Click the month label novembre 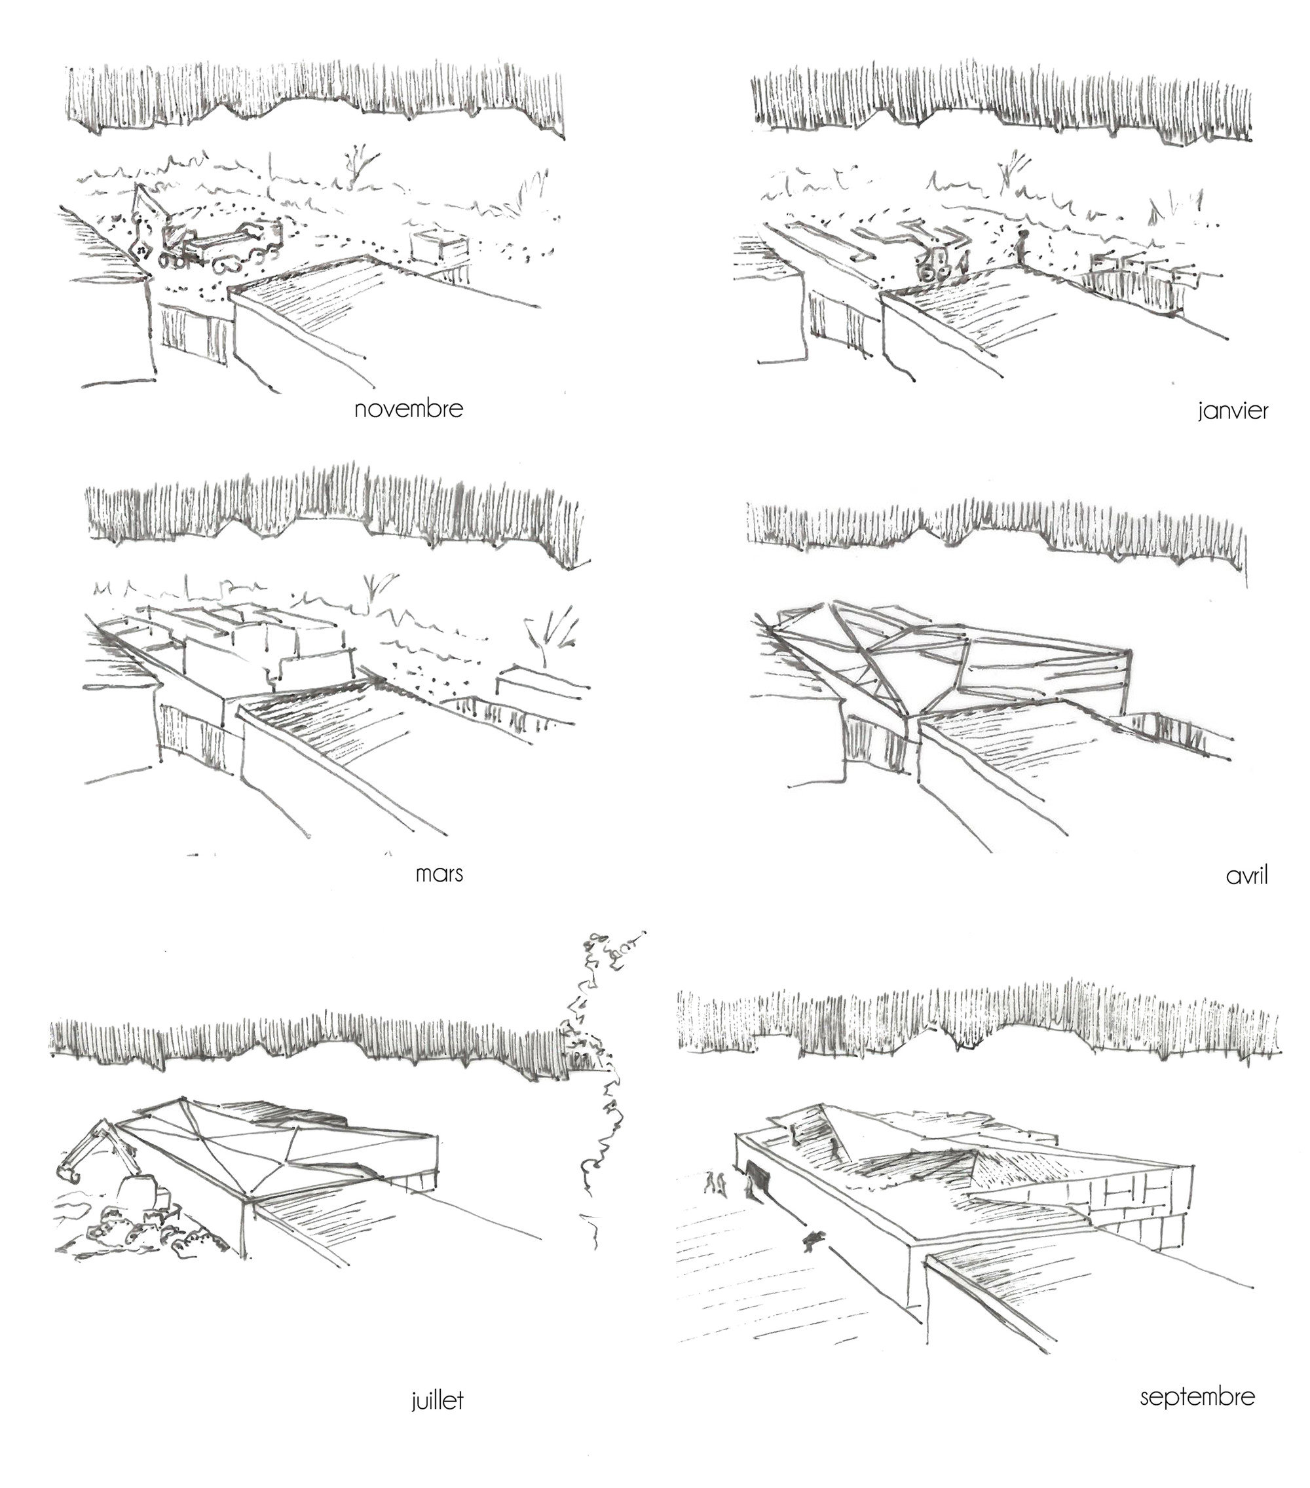pos(408,409)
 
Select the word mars pos(439,874)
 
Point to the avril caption pos(1246,876)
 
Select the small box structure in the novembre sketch pos(437,248)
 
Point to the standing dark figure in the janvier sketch pos(1023,248)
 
